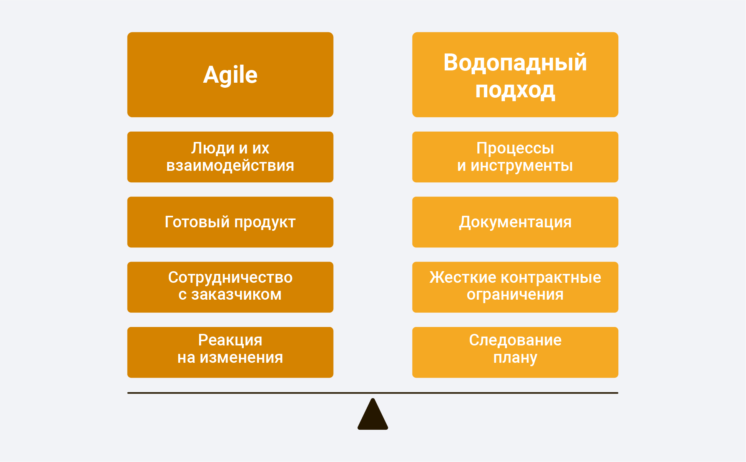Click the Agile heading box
coord(230,75)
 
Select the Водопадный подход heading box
coord(515,75)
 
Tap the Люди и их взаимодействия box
coord(230,157)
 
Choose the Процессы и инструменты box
coord(515,157)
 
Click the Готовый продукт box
coord(230,222)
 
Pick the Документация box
coord(515,222)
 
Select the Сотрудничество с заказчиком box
coord(230,287)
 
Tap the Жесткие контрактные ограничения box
coord(515,287)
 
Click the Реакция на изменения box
coord(230,352)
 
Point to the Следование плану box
coord(515,352)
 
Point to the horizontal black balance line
coord(373,393)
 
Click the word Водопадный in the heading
coord(515,62)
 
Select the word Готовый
coord(197,222)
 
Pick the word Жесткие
coord(463,277)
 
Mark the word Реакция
coord(230,340)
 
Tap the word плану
coord(515,358)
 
